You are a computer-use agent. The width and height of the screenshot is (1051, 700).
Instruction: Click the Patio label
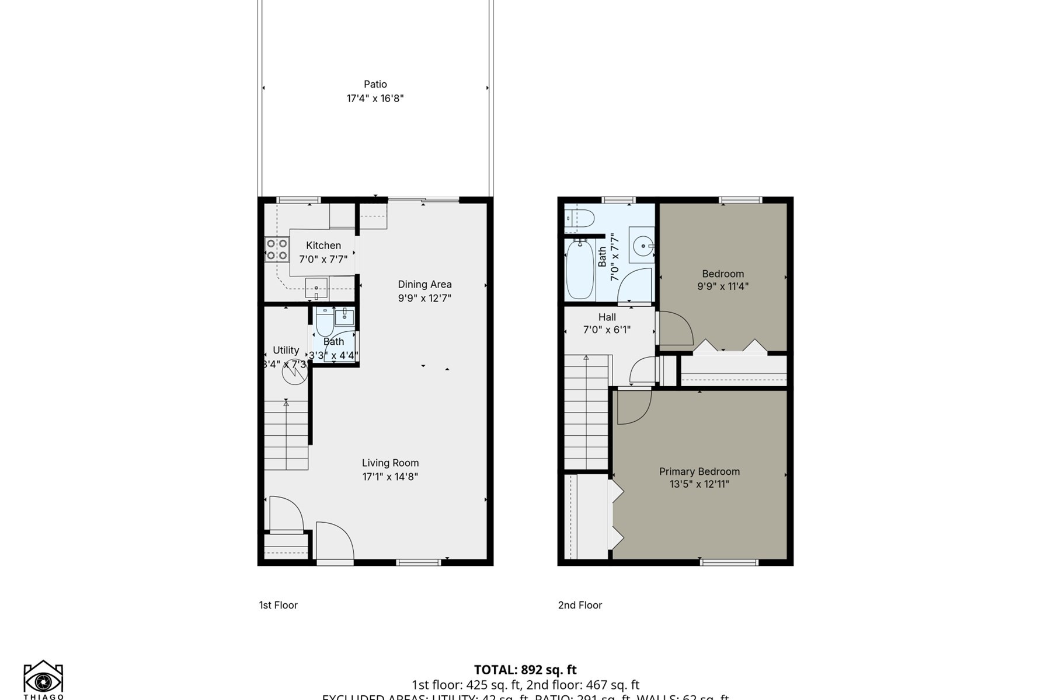[375, 85]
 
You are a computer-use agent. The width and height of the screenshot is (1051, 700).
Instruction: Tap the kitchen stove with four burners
[276, 249]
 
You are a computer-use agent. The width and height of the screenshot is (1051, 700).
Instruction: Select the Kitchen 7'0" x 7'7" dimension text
[323, 259]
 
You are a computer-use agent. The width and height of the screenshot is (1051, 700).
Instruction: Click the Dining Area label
[424, 284]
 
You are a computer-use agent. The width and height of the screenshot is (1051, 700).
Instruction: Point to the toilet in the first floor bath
[325, 323]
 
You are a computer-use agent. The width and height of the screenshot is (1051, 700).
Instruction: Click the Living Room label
[390, 463]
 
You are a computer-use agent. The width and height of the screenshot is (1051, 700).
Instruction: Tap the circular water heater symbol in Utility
[294, 372]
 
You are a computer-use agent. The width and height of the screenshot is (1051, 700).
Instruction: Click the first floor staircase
[286, 435]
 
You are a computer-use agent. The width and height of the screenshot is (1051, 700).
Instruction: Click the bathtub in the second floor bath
[580, 269]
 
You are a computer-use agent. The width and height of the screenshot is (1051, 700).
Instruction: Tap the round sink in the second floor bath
[642, 246]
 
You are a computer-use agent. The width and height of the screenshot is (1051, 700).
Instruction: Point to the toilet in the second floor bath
[580, 219]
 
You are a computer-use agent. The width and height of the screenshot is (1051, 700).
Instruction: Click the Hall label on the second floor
[607, 317]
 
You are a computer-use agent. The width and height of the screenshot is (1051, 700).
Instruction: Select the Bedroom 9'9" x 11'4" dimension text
[722, 286]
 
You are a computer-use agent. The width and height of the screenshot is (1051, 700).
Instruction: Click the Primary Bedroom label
[699, 471]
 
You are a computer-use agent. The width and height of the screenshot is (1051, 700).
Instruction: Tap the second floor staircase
[586, 414]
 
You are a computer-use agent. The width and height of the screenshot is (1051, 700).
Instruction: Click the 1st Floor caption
[278, 605]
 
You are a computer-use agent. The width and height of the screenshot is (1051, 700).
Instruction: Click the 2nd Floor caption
[579, 605]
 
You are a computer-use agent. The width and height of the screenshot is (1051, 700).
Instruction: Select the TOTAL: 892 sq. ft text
[525, 670]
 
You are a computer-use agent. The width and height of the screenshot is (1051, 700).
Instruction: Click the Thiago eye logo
[43, 680]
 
